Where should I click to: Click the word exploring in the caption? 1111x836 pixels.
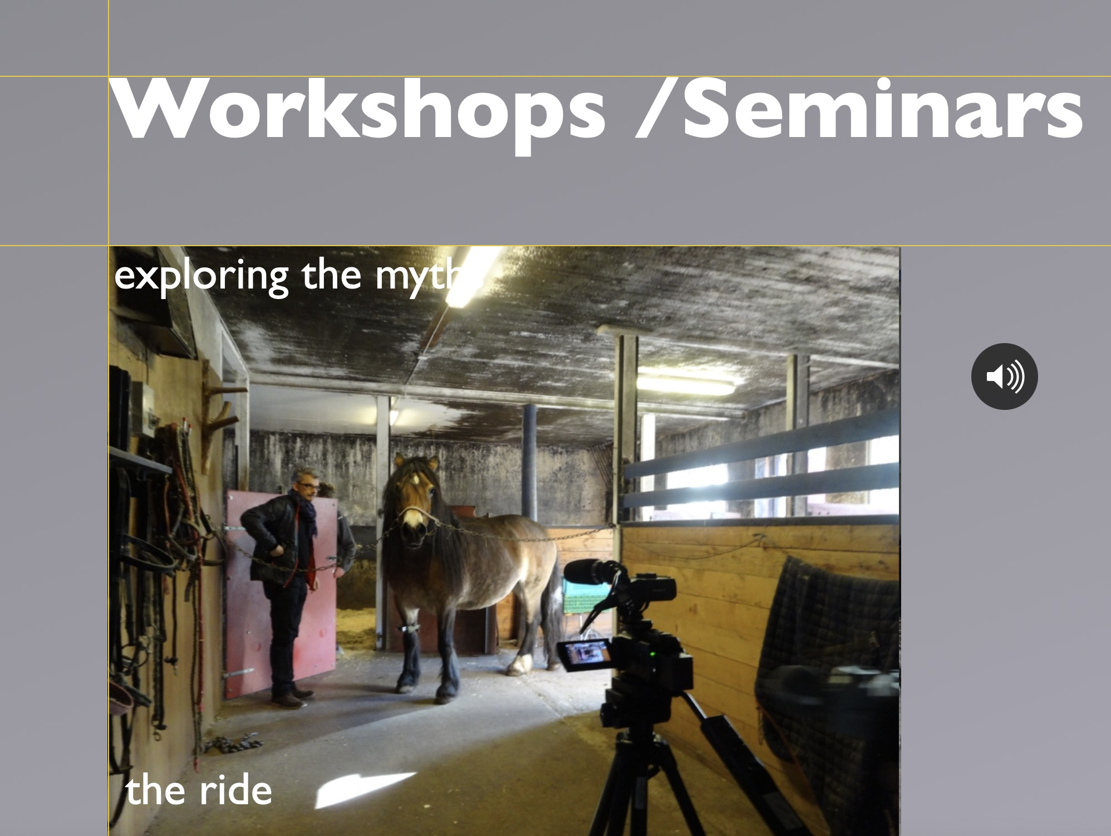coord(201,276)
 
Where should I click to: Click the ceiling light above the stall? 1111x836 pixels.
coord(688,384)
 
